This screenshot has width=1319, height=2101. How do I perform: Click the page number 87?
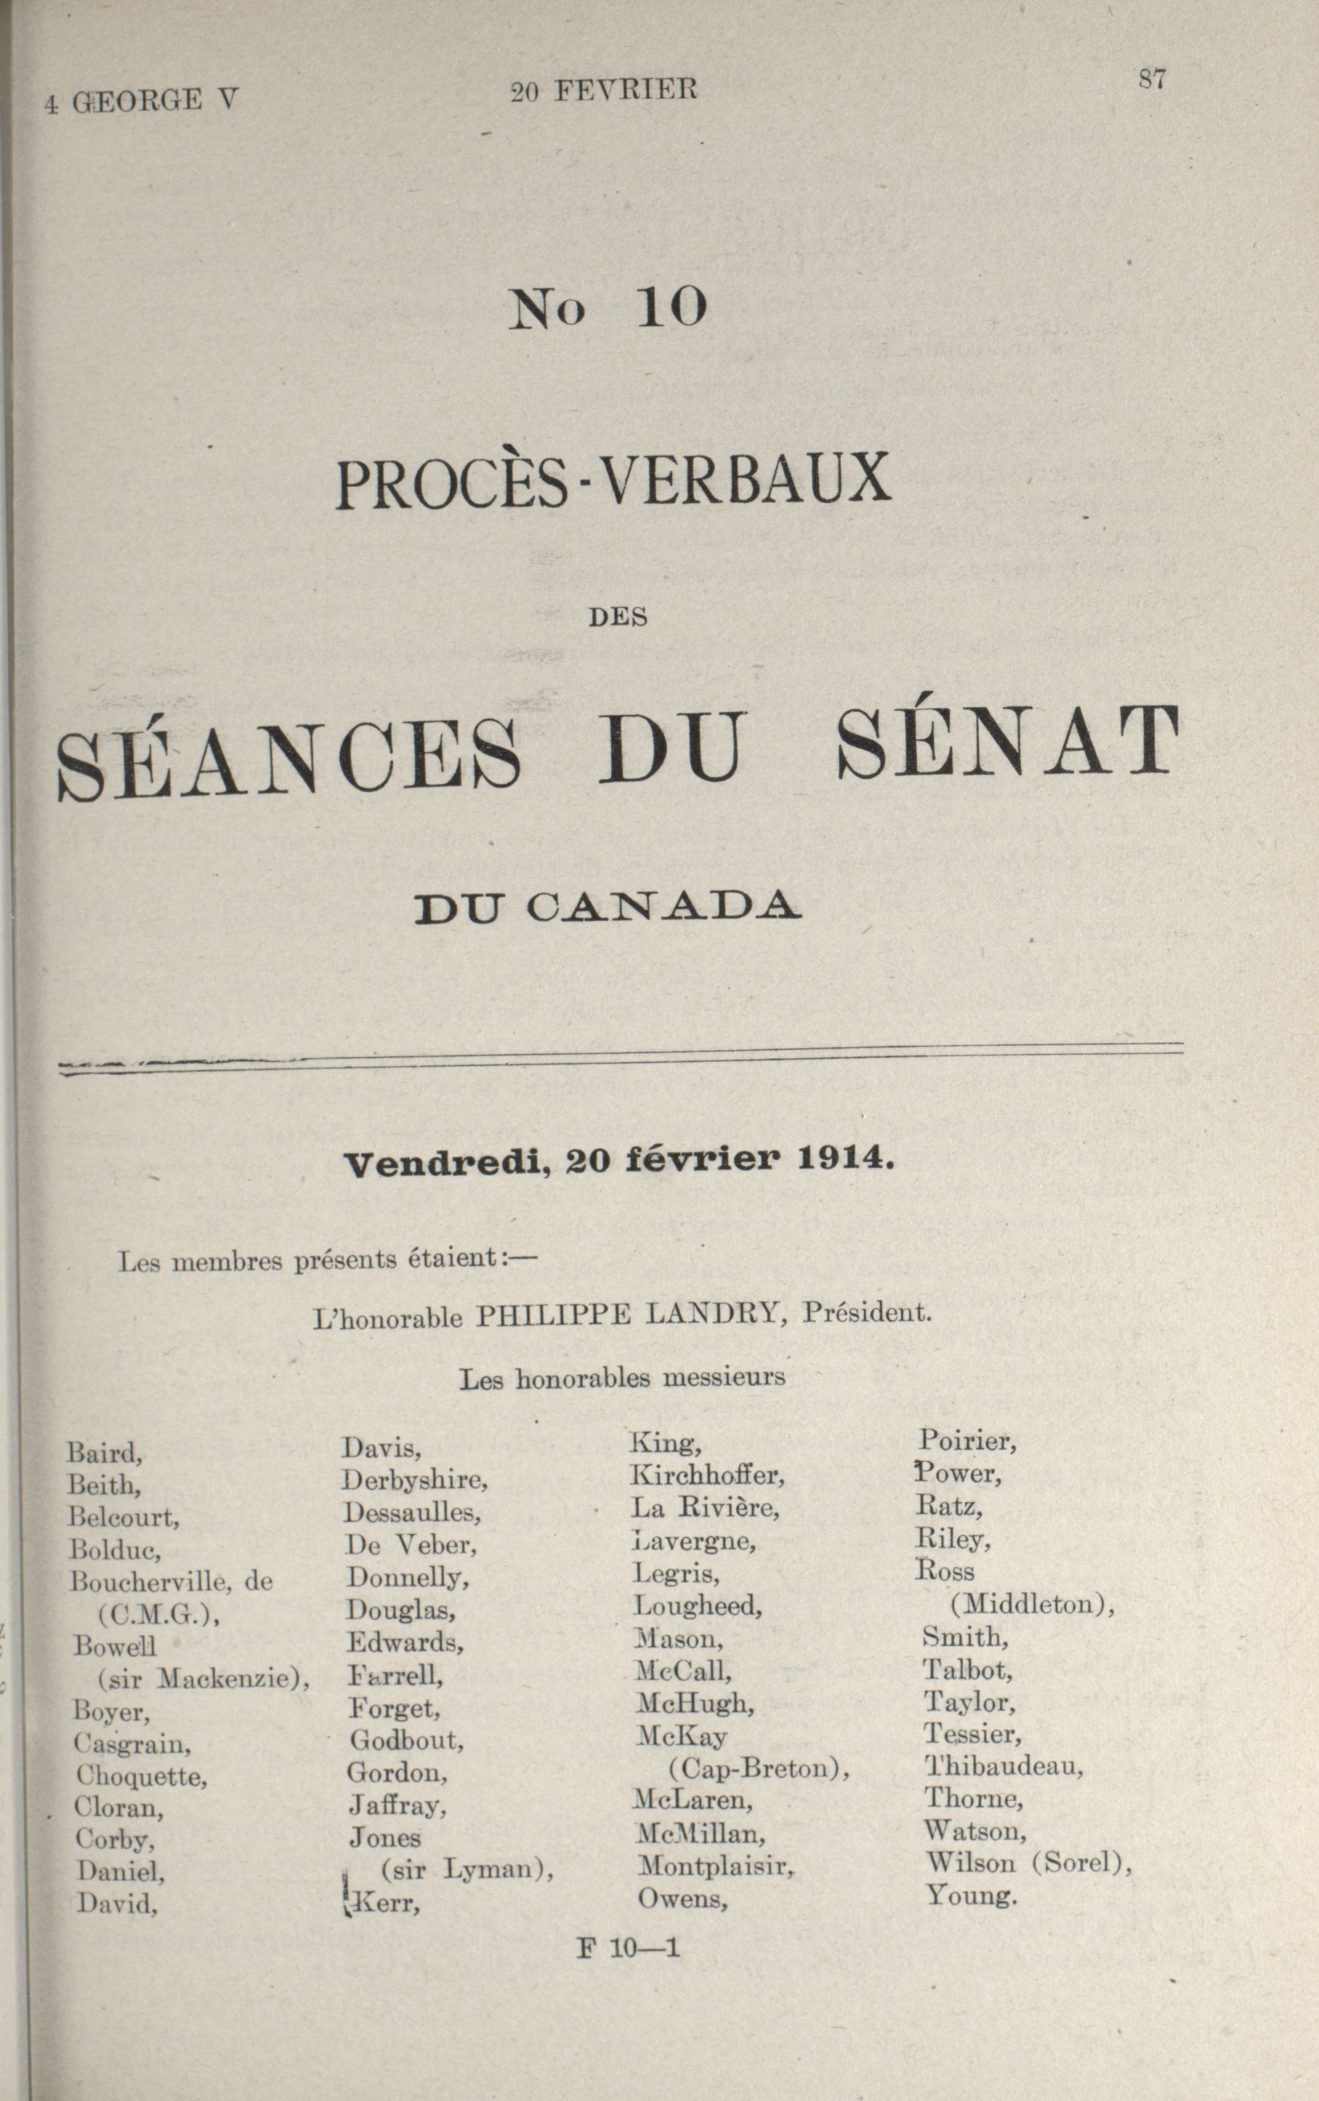(x=1152, y=79)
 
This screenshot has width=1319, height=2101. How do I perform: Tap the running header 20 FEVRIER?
(x=604, y=91)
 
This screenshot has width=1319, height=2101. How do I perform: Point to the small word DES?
(x=618, y=618)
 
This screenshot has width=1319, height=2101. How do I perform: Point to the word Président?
(x=866, y=1312)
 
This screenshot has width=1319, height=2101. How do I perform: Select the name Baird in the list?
(x=105, y=1452)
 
